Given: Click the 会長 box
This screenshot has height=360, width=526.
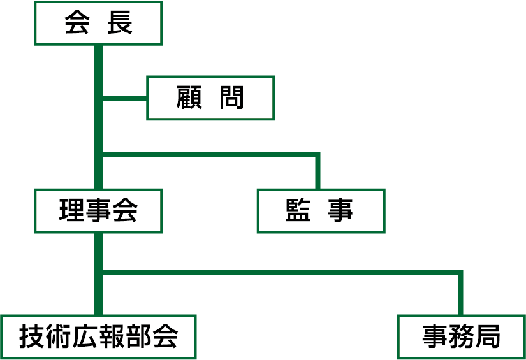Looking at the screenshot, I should [98, 24].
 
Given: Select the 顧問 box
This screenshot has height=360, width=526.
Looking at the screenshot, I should [210, 98].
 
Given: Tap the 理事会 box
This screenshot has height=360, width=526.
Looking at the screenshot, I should [98, 210].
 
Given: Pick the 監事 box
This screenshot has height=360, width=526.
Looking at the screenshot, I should [321, 210].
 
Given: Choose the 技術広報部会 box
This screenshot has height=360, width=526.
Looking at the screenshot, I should [98, 336].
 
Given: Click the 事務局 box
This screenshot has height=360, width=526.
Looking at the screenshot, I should [461, 336].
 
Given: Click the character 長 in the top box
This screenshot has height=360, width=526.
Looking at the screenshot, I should [121, 24].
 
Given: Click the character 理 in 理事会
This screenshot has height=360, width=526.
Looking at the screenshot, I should [71, 210].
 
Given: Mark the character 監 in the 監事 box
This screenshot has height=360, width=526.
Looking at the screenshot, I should [298, 210].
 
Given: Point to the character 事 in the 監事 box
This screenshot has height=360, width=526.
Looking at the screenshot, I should [342, 210].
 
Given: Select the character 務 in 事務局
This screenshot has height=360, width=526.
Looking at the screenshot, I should [461, 336].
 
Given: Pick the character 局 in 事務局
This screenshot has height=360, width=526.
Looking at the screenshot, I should [488, 336].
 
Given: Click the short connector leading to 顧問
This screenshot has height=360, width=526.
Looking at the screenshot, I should [125, 98].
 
